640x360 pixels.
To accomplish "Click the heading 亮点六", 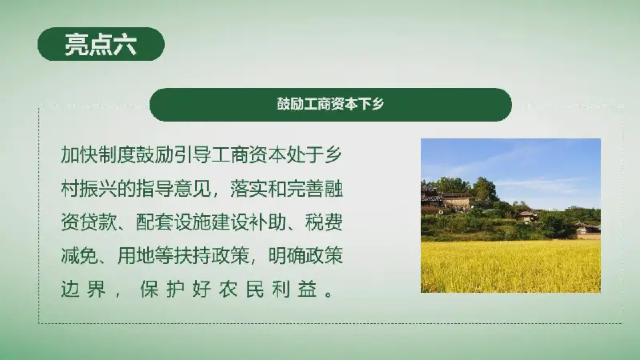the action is coord(101,44).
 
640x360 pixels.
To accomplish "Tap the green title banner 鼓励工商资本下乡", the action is coord(330,105).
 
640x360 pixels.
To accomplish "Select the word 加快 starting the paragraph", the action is coord(79,154).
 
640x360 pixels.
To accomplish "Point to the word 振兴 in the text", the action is coord(98,189).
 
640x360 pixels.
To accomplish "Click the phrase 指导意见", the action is coord(174,189).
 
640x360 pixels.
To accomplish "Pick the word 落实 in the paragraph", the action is coord(249,189).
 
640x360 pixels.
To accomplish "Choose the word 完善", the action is coord(305,189).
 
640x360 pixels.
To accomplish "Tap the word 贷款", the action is coord(98,222).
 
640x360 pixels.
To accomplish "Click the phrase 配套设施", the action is coord(174,222).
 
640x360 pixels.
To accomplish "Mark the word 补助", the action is coord(267,222).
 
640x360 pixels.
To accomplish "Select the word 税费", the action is coord(324,222).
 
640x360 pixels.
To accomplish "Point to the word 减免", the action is coord(79,256).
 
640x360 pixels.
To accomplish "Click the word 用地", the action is coord(136,256).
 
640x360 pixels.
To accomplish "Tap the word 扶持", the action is coord(192,256).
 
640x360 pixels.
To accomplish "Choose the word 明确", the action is coord(286,256).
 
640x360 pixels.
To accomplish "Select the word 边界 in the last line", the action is coord(83,289).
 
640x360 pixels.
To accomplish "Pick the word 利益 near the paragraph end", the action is coord(294,289).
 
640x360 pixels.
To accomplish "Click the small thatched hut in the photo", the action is coord(526,216).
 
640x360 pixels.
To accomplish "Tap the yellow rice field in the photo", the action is coord(510,266).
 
